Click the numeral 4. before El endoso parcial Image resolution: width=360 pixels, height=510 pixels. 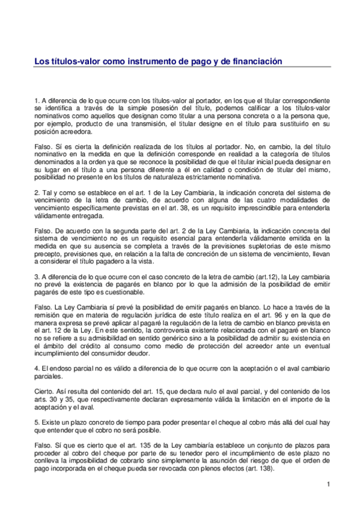click(37, 367)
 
